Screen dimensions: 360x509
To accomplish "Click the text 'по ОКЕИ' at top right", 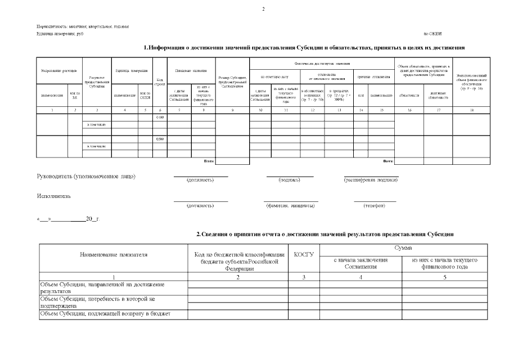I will click(433, 34).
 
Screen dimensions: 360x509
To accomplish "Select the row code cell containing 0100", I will click(159, 117).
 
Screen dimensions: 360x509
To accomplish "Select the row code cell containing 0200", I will click(159, 139).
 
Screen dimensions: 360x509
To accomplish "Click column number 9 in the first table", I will click(232, 110).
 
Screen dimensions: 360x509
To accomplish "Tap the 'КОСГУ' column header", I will click(304, 254).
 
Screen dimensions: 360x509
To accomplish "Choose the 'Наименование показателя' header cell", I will click(114, 254).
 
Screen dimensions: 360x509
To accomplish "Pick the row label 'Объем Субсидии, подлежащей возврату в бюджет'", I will click(106, 313).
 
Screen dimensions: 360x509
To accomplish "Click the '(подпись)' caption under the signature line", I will click(289, 181).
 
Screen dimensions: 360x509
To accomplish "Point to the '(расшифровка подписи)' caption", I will click(371, 181).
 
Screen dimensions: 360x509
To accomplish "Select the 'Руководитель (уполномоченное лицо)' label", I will click(86, 176).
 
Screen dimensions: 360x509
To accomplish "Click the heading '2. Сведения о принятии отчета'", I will click(325, 233).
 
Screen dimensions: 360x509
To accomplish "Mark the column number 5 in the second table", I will click(444, 277).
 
